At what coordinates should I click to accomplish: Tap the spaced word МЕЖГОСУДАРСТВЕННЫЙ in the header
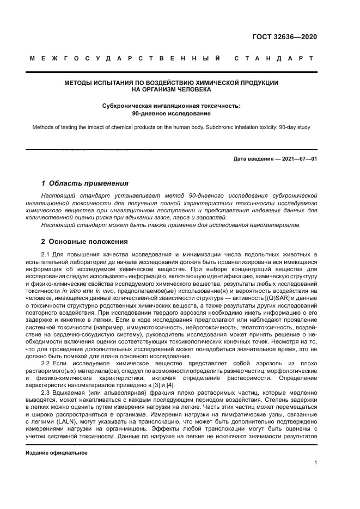coord(125,58)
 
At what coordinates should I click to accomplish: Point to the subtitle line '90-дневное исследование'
coord(172,114)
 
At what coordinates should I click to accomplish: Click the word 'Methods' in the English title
coord(44,128)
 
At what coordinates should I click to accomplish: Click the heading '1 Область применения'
coord(85,183)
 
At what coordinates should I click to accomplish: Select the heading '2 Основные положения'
coord(84,241)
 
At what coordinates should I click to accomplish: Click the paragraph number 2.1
coord(46,254)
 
